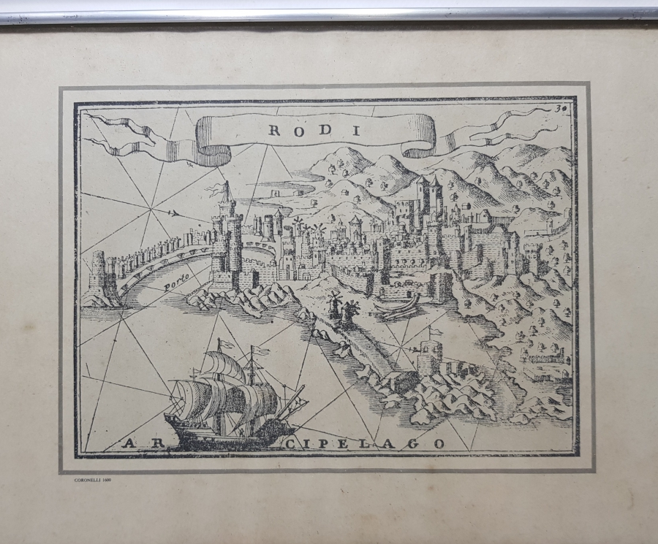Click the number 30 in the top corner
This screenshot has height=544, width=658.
click(x=561, y=108)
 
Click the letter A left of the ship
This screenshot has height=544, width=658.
click(x=130, y=443)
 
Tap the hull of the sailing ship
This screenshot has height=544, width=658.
click(x=219, y=431)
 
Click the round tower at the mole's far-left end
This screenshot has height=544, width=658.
click(x=98, y=274)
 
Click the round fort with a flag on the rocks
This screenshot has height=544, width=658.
click(x=429, y=359)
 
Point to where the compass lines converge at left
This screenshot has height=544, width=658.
click(x=152, y=211)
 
